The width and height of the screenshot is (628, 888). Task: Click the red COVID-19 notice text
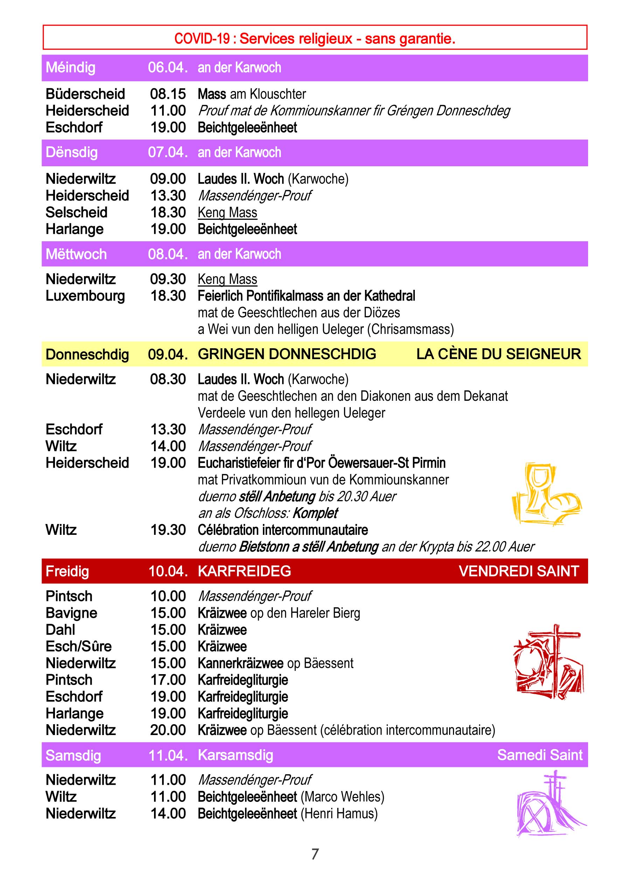314,39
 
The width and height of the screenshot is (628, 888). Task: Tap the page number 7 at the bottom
315,854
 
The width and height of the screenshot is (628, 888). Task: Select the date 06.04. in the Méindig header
167,68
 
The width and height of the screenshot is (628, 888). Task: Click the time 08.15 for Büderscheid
168,94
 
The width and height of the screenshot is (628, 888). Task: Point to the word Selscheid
76,212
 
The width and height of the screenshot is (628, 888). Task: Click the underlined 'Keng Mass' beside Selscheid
228,213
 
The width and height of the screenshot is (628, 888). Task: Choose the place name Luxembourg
85,296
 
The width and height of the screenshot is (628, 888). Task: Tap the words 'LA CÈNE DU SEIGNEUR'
498,354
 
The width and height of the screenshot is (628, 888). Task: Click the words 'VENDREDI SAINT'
518,571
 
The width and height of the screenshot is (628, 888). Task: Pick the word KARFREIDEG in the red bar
244,571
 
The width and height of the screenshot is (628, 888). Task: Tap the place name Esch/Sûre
78,646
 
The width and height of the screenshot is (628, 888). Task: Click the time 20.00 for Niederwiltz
168,730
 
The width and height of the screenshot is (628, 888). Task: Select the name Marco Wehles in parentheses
342,797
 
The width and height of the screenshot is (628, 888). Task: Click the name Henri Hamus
339,814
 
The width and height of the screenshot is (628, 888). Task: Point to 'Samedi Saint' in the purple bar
539,755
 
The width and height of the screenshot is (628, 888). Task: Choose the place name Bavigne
71,613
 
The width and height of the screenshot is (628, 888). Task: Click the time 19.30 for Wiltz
168,530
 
